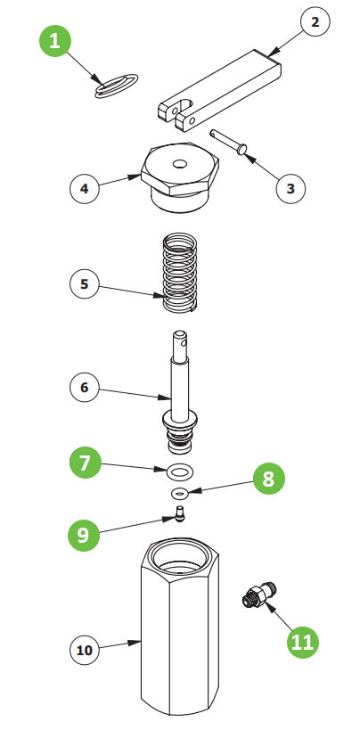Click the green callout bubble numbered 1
[57, 42]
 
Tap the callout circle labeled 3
[290, 189]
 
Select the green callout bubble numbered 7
[85, 463]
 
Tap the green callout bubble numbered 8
[268, 480]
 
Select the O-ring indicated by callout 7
[179, 470]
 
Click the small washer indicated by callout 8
[179, 493]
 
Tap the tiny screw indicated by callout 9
[179, 514]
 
